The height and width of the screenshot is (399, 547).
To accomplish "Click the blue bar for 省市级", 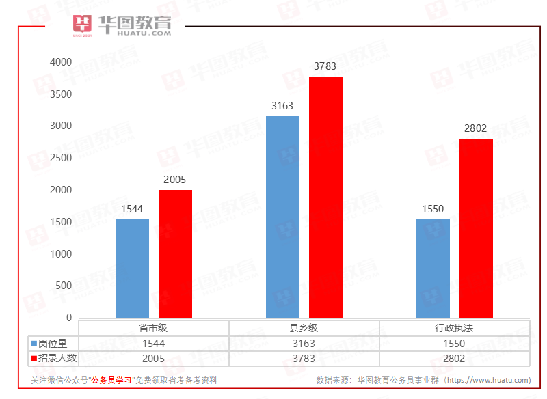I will click(x=132, y=268).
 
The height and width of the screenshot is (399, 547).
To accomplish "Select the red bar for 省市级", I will click(x=175, y=253).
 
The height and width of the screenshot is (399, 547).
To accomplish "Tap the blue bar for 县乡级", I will click(x=282, y=217).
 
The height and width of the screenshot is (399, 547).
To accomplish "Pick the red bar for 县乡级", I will click(x=325, y=197).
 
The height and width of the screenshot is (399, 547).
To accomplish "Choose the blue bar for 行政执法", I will click(x=433, y=268).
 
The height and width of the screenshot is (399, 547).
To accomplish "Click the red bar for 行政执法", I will click(x=476, y=228).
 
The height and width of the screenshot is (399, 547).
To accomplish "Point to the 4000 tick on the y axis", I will click(x=61, y=61).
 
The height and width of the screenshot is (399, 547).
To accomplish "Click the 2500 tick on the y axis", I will click(x=61, y=158).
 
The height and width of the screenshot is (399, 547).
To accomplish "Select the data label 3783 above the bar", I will click(x=325, y=66).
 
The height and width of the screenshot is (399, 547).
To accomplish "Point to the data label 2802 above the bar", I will click(x=476, y=128).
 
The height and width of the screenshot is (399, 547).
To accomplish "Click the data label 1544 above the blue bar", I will click(x=132, y=209).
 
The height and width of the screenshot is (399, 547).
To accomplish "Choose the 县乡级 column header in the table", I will click(x=304, y=328).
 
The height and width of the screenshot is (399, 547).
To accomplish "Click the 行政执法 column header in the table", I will click(x=454, y=328).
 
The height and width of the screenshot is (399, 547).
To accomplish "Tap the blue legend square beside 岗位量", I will click(x=34, y=344).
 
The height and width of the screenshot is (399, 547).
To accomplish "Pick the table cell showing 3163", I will click(x=304, y=344).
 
